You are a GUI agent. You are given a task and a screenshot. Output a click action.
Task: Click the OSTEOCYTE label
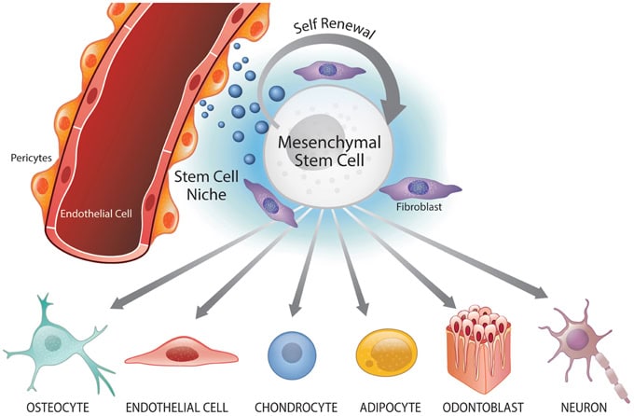coord(47,405)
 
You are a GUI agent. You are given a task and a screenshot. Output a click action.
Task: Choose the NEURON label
coord(579,405)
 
